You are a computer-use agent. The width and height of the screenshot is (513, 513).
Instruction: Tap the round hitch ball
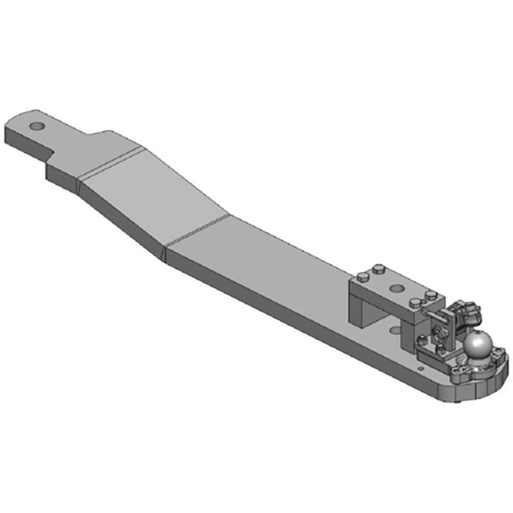pyautogui.click(x=478, y=346)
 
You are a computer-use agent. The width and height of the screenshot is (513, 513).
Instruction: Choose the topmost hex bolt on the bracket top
pyautogui.click(x=378, y=267)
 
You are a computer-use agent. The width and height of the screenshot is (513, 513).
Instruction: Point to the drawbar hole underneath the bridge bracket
pyautogui.click(x=396, y=330)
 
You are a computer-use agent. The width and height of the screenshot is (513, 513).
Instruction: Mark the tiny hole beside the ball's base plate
pyautogui.click(x=421, y=368)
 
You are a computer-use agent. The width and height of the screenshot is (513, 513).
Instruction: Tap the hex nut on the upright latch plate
pyautogui.click(x=441, y=332)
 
